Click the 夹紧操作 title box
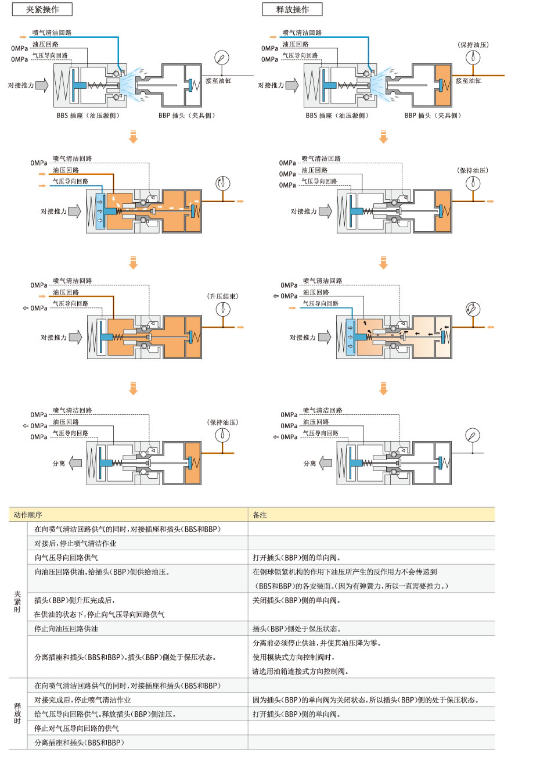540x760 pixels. tap(42, 9)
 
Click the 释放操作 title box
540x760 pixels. tap(292, 9)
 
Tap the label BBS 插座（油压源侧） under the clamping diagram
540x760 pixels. tap(88, 116)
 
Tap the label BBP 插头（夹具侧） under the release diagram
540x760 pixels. tap(433, 116)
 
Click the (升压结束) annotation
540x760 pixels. tap(223, 296)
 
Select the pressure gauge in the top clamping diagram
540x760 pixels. tap(222, 58)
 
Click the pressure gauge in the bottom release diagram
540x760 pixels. tap(473, 435)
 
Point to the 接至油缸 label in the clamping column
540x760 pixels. tap(218, 81)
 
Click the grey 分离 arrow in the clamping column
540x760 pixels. tap(75, 463)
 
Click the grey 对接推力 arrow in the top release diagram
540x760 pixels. tap(292, 85)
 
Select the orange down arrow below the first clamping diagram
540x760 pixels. tap(133, 137)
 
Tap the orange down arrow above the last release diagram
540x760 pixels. tap(383, 389)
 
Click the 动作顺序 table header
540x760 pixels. tap(28, 515)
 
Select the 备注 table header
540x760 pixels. tap(260, 515)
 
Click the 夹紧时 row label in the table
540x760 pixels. tap(17, 601)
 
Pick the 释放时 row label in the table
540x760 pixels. tap(17, 714)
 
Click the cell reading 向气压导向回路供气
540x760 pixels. tap(66, 557)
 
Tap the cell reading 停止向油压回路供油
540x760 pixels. tap(66, 629)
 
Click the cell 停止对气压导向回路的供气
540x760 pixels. tap(77, 729)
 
